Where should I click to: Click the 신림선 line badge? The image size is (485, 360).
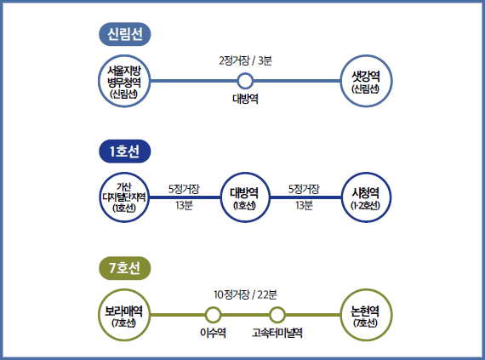click(124, 34)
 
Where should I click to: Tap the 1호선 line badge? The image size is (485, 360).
click(124, 151)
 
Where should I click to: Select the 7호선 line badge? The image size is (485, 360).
click(124, 268)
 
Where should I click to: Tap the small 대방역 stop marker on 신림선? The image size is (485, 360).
click(245, 81)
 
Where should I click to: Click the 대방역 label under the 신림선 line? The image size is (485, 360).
click(245, 99)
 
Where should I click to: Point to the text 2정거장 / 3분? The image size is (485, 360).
click(245, 60)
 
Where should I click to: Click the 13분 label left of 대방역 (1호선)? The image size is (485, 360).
click(184, 205)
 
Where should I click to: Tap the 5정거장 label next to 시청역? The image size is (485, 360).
click(304, 189)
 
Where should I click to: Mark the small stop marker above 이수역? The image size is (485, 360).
click(213, 315)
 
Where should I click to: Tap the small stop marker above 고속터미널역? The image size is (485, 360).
click(277, 315)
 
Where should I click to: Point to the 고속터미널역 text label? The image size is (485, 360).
click(277, 333)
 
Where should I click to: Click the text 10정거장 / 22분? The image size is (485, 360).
click(245, 294)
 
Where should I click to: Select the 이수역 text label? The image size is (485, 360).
click(213, 333)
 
